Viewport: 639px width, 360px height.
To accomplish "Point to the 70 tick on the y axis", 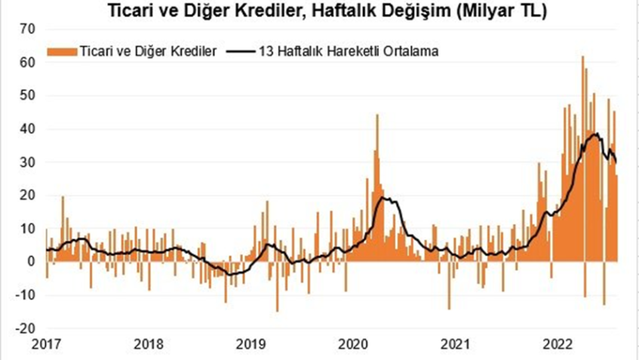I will [x=29, y=29].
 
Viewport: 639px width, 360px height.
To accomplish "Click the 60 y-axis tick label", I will [x=29, y=63].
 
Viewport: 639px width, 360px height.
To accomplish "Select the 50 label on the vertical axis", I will [x=29, y=96].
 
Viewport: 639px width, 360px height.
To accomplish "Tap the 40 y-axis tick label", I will [x=29, y=129].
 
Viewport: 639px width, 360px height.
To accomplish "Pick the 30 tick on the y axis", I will [x=29, y=162].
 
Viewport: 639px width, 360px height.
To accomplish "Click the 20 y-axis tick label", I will [x=29, y=195].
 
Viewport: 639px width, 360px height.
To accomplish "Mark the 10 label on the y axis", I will [x=29, y=228].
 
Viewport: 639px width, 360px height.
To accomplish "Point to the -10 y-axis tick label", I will [x=27, y=294].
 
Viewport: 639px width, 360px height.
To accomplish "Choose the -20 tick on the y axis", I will [x=27, y=328].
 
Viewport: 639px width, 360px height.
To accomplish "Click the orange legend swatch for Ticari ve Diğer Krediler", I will [x=62, y=51].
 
